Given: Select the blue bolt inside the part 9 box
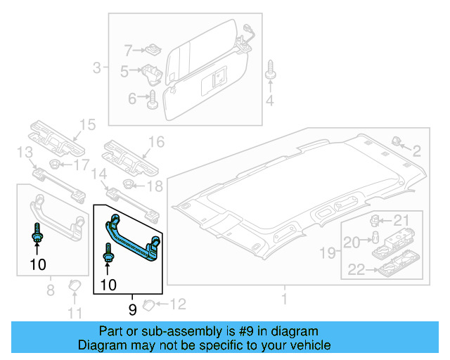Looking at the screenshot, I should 108,253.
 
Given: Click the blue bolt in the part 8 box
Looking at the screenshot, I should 36,233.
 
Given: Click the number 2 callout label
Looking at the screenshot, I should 416,150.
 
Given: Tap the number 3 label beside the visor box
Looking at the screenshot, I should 96,68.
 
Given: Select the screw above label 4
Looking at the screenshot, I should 270,71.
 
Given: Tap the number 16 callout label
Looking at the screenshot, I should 155,142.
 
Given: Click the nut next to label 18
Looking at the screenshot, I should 129,185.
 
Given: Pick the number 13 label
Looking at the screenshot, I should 25,153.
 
